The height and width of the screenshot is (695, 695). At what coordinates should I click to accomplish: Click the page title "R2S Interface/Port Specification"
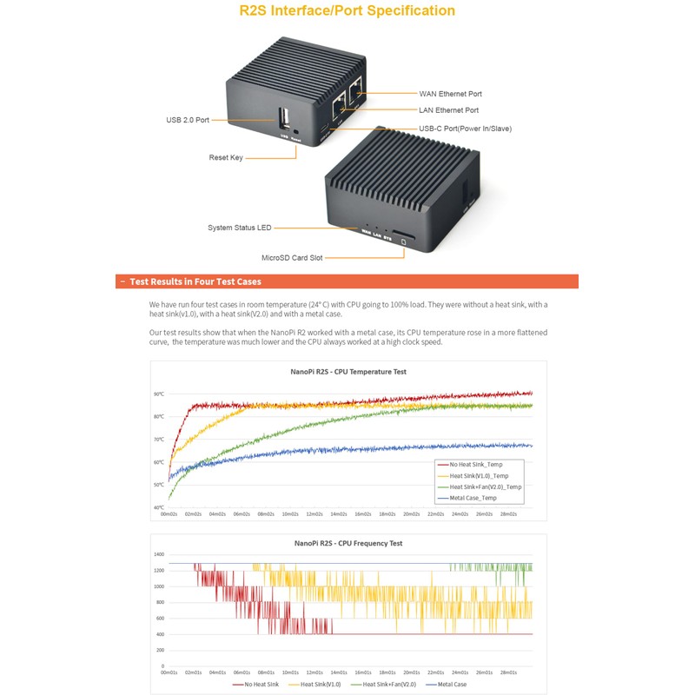pyautogui.click(x=347, y=11)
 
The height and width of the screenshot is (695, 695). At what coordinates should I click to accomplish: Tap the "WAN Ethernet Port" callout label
pyautogui.click(x=450, y=94)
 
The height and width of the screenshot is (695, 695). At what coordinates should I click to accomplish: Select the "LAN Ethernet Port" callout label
pyautogui.click(x=448, y=110)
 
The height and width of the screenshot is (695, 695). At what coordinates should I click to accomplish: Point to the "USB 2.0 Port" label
pyautogui.click(x=188, y=120)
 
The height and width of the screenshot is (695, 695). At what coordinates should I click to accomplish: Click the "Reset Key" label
pyautogui.click(x=226, y=158)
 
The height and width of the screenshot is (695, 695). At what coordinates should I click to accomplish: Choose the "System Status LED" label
pyautogui.click(x=239, y=228)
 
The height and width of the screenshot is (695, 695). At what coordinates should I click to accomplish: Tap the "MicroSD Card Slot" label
pyautogui.click(x=292, y=258)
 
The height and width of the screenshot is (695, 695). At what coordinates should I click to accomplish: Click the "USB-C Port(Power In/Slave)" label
pyautogui.click(x=465, y=129)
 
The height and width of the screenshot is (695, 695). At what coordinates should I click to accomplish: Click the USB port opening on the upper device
pyautogui.click(x=284, y=118)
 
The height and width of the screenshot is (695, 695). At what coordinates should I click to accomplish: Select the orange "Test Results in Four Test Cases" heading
pyautogui.click(x=195, y=281)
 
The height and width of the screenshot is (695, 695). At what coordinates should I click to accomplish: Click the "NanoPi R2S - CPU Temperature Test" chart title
pyautogui.click(x=348, y=372)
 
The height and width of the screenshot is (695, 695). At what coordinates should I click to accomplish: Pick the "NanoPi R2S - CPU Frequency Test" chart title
pyautogui.click(x=348, y=543)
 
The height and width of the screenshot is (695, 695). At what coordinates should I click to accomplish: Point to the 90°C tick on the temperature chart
pyautogui.click(x=159, y=394)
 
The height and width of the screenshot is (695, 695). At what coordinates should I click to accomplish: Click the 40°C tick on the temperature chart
pyautogui.click(x=159, y=507)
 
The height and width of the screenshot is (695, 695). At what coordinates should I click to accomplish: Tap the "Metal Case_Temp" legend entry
pyautogui.click(x=473, y=498)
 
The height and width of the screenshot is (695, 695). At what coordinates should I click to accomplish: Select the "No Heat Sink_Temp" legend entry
pyautogui.click(x=477, y=465)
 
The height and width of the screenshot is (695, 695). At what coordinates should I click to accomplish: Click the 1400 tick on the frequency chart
pyautogui.click(x=158, y=554)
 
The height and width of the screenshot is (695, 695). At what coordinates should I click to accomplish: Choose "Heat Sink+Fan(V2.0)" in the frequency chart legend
pyautogui.click(x=387, y=685)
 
